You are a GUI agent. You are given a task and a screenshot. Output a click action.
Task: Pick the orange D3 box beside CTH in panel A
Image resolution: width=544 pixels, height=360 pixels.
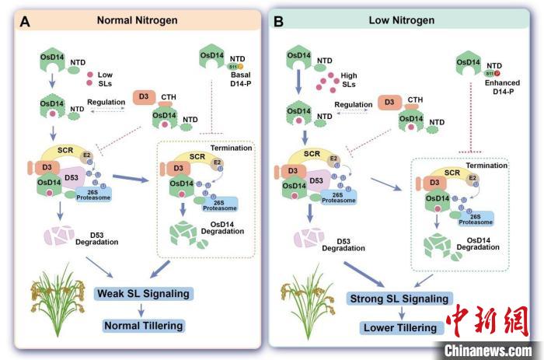tap(142, 97)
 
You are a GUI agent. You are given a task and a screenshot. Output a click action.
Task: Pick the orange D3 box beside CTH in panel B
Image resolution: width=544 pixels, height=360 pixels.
tap(389, 102)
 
